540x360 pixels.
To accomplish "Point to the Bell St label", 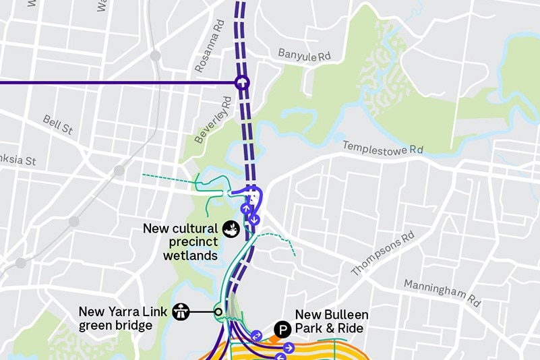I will pyautogui.click(x=57, y=124).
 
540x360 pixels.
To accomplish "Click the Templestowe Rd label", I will pyautogui.click(x=382, y=147).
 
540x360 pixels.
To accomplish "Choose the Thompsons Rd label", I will pyautogui.click(x=382, y=254).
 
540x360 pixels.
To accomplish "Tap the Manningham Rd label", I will pyautogui.click(x=442, y=293).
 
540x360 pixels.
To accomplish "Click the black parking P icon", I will pyautogui.click(x=282, y=330).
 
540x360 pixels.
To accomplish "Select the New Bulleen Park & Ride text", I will pyautogui.click(x=332, y=322).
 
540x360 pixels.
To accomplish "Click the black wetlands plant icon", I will pyautogui.click(x=231, y=229).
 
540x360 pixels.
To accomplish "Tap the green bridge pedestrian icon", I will pyautogui.click(x=181, y=311).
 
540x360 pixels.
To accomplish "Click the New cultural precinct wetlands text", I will pyautogui.click(x=180, y=242).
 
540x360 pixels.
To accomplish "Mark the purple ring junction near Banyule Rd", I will pyautogui.click(x=241, y=83).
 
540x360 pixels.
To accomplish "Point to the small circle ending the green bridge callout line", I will pyautogui.click(x=218, y=311).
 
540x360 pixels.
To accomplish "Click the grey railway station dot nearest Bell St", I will pyautogui.click(x=119, y=171).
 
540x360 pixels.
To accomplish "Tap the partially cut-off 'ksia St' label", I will pyautogui.click(x=17, y=161).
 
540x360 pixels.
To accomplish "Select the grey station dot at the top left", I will pyautogui.click(x=155, y=55).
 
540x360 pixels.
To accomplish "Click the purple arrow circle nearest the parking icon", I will pyautogui.click(x=256, y=335).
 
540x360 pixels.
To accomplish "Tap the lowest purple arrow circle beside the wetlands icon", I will pyautogui.click(x=254, y=220).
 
